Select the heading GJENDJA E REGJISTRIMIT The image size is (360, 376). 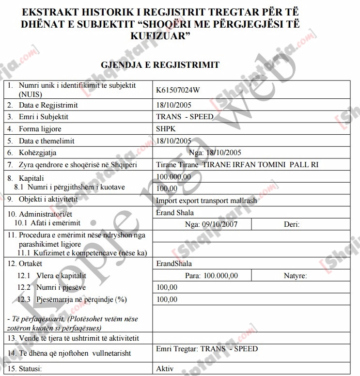160,65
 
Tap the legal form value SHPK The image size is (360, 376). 166,129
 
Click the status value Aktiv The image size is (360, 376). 165,369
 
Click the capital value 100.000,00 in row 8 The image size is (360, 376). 173,177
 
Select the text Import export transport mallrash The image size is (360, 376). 206,201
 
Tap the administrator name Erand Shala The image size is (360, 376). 175,213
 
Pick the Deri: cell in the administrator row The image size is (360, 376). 292,224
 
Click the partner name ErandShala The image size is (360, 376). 174,264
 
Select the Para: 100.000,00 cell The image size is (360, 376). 211,276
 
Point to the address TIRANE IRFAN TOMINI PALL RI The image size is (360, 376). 260,165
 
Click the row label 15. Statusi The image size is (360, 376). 24,369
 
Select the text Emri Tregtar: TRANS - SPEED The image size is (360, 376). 207,349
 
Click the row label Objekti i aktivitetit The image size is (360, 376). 48,199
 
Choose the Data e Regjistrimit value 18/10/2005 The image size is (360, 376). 174,105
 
